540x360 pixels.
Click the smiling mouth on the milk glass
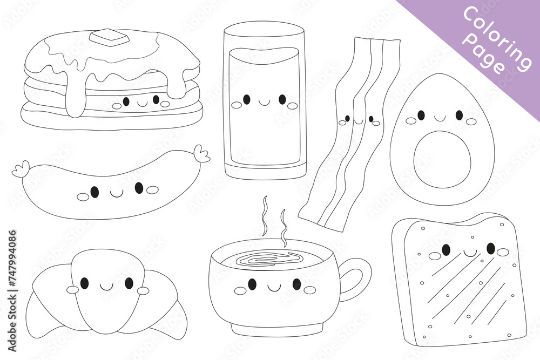pos(264,101)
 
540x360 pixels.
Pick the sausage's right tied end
pos(202,154)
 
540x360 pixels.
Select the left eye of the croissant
pos(84,283)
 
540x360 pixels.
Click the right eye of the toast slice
pos(490,248)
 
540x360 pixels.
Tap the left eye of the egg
pos(421,114)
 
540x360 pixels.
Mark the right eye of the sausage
pos(139,188)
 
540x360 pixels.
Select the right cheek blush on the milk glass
pos(293,105)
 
